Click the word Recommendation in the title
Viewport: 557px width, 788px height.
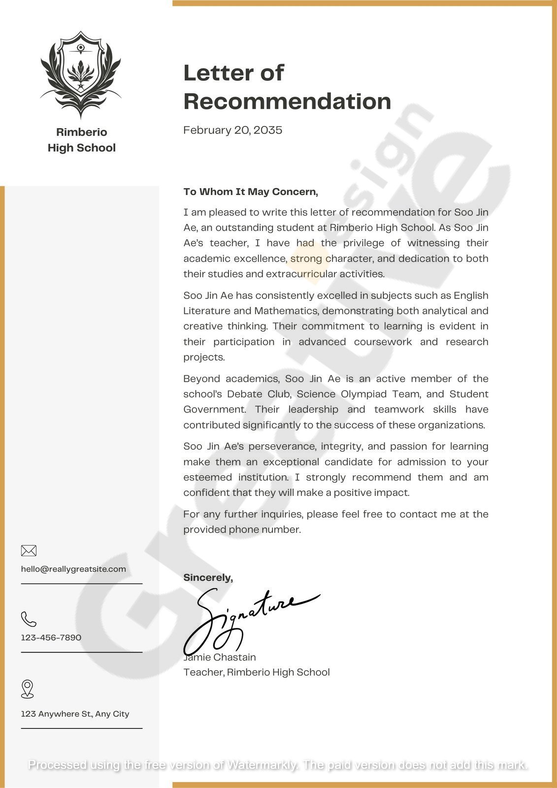pyautogui.click(x=287, y=101)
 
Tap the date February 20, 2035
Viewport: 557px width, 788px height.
pyautogui.click(x=232, y=130)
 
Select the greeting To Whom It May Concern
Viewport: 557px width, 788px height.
pyautogui.click(x=251, y=192)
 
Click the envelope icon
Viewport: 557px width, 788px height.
pyautogui.click(x=29, y=550)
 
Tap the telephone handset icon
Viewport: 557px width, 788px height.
pyautogui.click(x=29, y=619)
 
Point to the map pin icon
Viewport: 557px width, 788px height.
pyautogui.click(x=28, y=689)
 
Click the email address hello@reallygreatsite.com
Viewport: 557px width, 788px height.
pyautogui.click(x=73, y=569)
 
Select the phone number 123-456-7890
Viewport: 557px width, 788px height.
pyautogui.click(x=51, y=637)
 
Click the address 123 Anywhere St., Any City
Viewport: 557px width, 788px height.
pyautogui.click(x=75, y=714)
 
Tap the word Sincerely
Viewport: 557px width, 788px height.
pyautogui.click(x=208, y=577)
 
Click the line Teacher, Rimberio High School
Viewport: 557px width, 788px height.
pyautogui.click(x=257, y=672)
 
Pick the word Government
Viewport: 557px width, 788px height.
pyautogui.click(x=214, y=409)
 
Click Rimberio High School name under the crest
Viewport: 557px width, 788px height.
pyautogui.click(x=81, y=140)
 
